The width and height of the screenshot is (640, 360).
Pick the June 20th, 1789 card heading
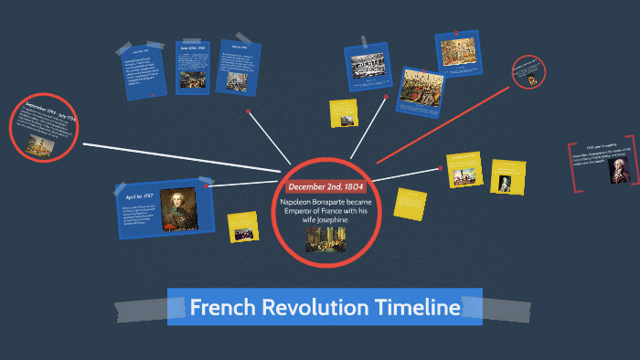pos(195,48)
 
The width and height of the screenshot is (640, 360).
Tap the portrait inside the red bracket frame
pos(617,171)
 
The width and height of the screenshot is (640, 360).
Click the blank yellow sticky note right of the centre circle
pos(410,203)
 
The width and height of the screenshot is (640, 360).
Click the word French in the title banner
pos(220,307)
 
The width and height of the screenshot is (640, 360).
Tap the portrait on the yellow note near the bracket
pos(508,180)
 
